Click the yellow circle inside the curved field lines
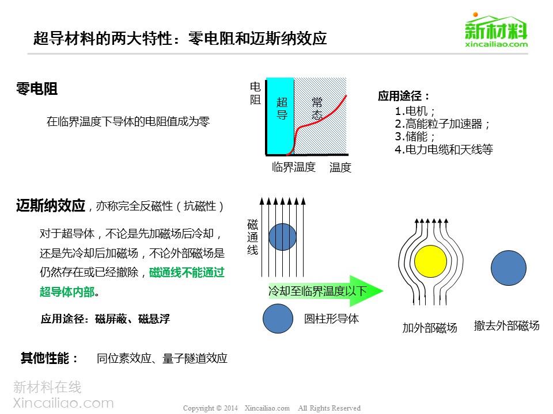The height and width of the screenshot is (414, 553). click(430, 262)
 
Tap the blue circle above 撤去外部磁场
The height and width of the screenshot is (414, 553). click(508, 268)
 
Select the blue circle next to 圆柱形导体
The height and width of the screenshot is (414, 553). click(278, 318)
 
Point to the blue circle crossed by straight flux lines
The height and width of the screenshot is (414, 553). click(282, 237)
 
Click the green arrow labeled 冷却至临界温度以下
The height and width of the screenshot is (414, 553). click(325, 291)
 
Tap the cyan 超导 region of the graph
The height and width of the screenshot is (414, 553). click(280, 116)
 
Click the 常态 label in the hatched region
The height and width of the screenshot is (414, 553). click(317, 109)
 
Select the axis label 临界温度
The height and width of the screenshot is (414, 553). click(293, 167)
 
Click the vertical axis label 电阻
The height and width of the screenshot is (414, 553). click(255, 93)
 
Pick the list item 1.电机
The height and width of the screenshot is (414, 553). click(415, 111)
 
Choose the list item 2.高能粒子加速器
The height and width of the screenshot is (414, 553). click(442, 124)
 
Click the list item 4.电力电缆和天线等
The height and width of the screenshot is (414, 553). click(444, 149)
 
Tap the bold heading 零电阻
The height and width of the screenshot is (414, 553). click(37, 89)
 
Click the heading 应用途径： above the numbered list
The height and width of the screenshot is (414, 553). click(403, 96)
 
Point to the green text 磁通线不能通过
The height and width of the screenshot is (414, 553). click(187, 273)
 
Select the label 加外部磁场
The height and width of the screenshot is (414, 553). click(430, 328)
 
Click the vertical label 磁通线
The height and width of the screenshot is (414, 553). click(252, 237)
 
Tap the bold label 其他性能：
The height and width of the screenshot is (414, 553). click(49, 358)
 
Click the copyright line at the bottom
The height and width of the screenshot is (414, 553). click(271, 408)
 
